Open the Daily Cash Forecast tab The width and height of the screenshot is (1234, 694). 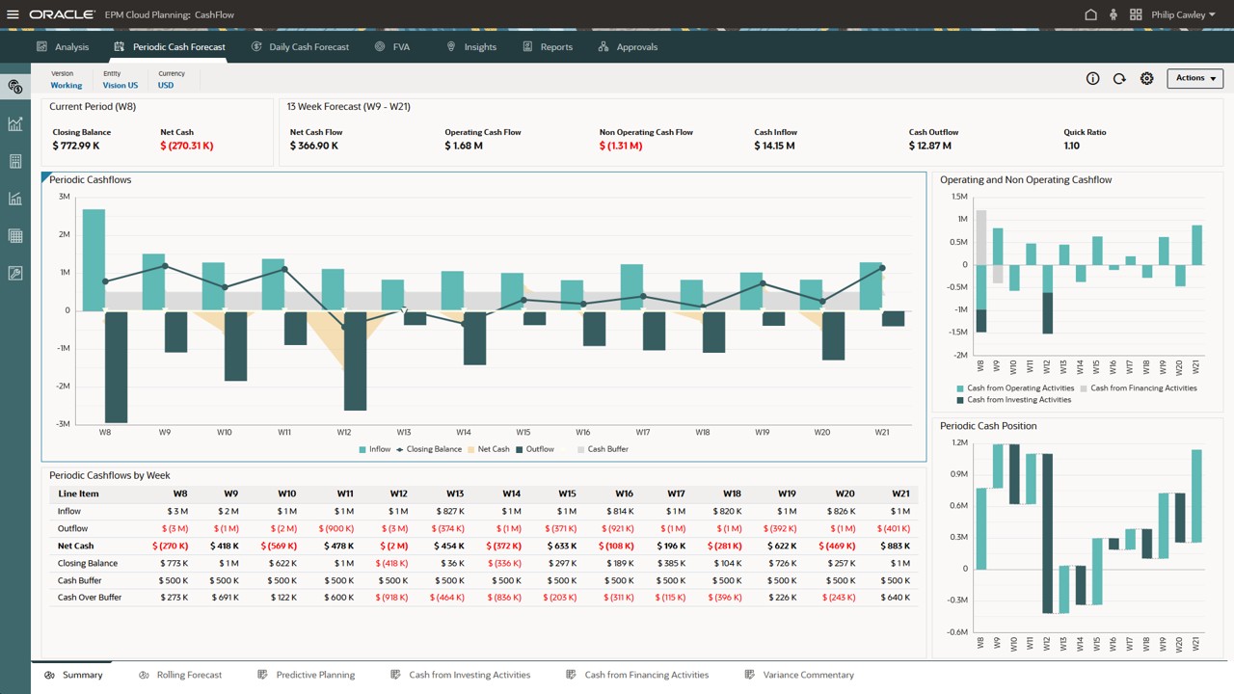(x=308, y=46)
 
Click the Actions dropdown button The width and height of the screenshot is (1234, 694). (x=1194, y=78)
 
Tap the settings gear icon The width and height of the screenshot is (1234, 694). (x=1146, y=79)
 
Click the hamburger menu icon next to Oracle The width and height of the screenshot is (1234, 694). (x=13, y=15)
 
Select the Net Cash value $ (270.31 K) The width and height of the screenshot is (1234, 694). (x=187, y=147)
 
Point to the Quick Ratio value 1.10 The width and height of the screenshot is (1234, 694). (x=1071, y=147)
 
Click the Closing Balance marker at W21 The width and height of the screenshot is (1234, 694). (x=882, y=269)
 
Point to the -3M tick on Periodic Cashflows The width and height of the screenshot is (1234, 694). (x=64, y=424)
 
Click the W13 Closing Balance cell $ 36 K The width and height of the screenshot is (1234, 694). (x=451, y=564)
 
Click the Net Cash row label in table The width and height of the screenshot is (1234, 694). (x=75, y=547)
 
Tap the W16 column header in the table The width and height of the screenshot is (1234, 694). (x=624, y=494)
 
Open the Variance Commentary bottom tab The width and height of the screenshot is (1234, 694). (x=808, y=675)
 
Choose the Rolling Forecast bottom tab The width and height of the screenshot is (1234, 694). (x=189, y=675)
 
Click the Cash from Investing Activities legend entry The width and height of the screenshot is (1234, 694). (x=1018, y=400)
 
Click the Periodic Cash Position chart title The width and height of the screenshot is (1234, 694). (x=988, y=426)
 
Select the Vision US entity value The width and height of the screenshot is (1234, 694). (x=121, y=86)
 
